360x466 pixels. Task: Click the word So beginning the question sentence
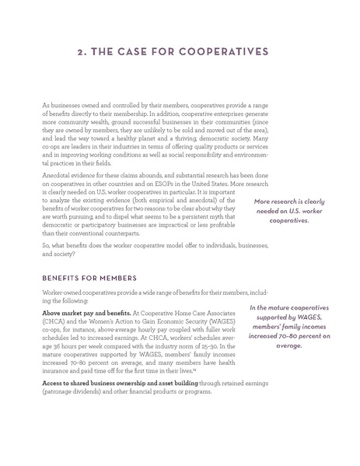pos(45,245)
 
